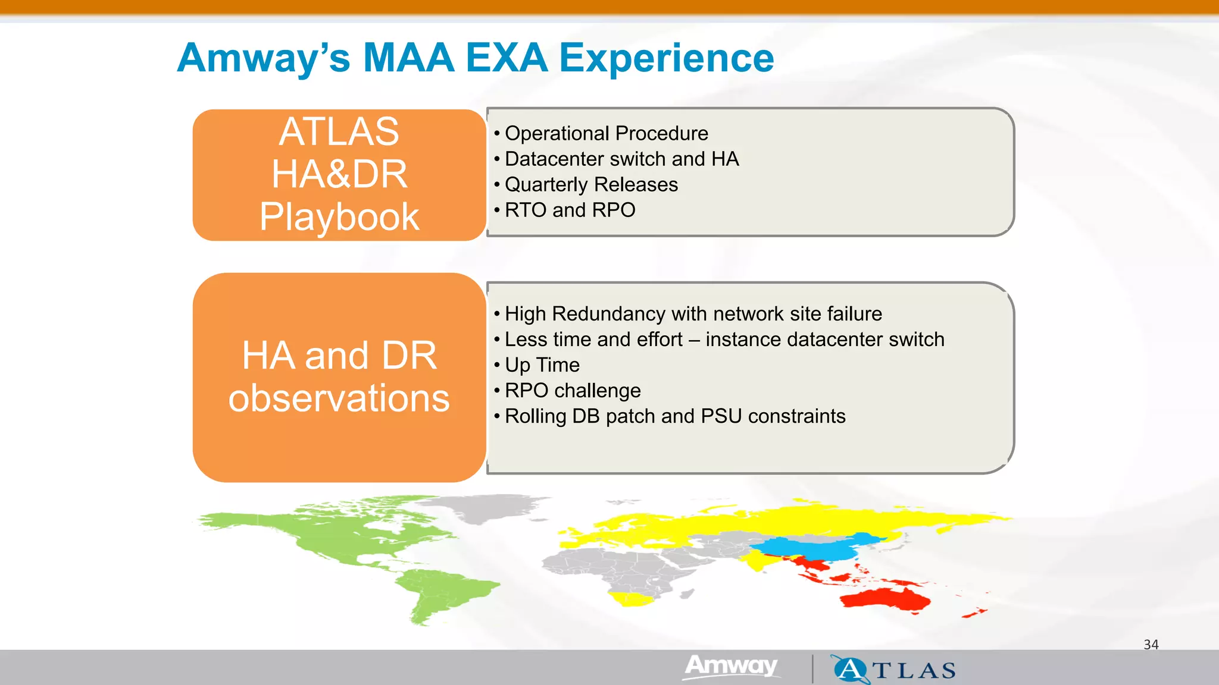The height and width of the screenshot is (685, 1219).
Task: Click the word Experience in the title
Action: (x=666, y=58)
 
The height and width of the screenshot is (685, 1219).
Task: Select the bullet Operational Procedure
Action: (x=606, y=133)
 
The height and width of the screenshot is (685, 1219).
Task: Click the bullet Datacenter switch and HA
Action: (x=621, y=159)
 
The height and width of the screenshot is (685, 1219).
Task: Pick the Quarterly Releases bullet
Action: (x=591, y=184)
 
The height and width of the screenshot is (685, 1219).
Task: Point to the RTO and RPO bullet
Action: (x=570, y=210)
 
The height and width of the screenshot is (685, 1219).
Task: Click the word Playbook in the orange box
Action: (x=339, y=216)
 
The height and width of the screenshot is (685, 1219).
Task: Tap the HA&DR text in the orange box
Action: (x=339, y=174)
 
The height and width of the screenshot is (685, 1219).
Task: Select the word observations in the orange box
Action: (x=339, y=398)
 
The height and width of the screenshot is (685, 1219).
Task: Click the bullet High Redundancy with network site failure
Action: (x=693, y=313)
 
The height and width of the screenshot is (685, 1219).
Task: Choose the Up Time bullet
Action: (x=542, y=365)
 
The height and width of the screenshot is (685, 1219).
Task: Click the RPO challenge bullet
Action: (x=573, y=390)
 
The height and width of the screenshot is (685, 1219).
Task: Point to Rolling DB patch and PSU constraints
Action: (x=675, y=416)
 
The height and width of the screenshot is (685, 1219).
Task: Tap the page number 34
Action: (x=1151, y=645)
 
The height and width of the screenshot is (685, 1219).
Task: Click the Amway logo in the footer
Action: (x=731, y=666)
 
